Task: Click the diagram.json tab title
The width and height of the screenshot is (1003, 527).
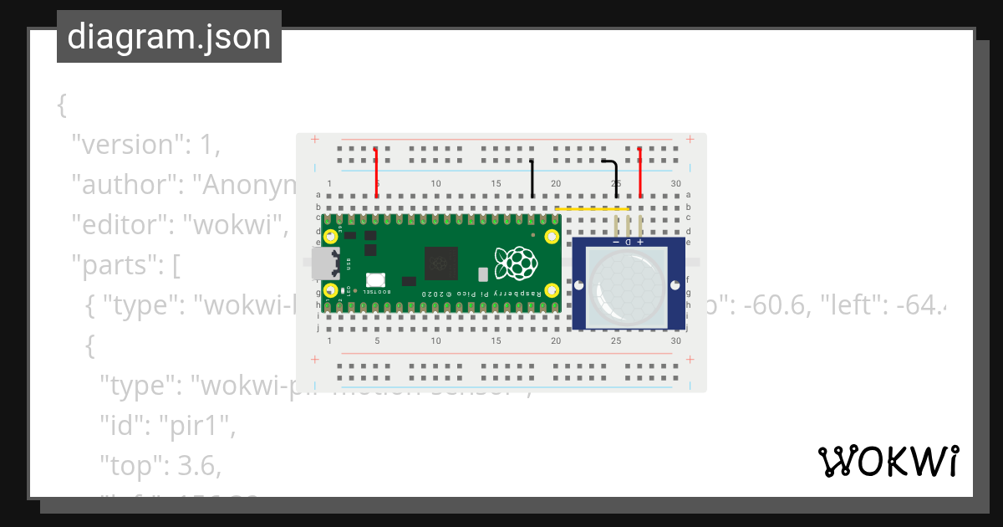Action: click(x=169, y=37)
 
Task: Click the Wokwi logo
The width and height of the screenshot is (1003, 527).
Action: click(x=888, y=461)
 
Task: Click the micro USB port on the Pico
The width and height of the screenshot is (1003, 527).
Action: click(x=322, y=263)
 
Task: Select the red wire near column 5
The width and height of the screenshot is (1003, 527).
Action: click(x=377, y=173)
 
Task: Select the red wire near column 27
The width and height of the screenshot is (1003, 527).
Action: click(x=640, y=171)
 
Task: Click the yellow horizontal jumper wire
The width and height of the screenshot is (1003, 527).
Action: click(x=592, y=208)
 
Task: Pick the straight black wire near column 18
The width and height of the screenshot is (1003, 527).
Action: click(x=532, y=178)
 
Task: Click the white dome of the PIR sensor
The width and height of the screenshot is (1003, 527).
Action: click(x=628, y=284)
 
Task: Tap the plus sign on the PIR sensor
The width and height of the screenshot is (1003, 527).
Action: click(x=640, y=242)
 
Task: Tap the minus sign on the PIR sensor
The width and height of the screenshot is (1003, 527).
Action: click(x=616, y=242)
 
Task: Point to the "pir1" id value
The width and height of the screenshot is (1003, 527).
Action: click(x=206, y=427)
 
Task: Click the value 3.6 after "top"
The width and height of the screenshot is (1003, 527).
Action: click(x=201, y=466)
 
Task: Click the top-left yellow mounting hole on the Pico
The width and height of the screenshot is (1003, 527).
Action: click(x=332, y=236)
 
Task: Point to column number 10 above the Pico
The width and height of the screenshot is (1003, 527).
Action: click(x=435, y=184)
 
